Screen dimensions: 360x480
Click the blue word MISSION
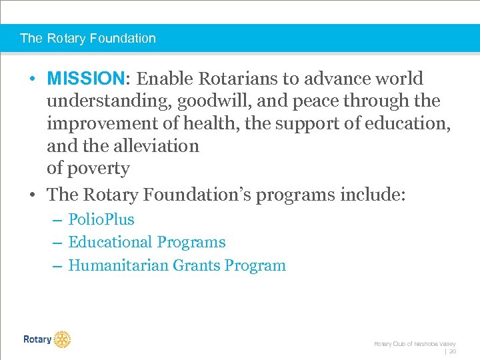86,79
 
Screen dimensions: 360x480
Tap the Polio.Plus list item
101,219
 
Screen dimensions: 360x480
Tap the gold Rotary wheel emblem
62,339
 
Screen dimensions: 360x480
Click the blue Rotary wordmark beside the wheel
37,339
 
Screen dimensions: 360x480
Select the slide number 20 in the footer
452,351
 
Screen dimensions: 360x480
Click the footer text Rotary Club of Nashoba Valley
415,343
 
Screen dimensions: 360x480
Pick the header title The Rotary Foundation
88,38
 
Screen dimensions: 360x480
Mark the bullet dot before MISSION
32,79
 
